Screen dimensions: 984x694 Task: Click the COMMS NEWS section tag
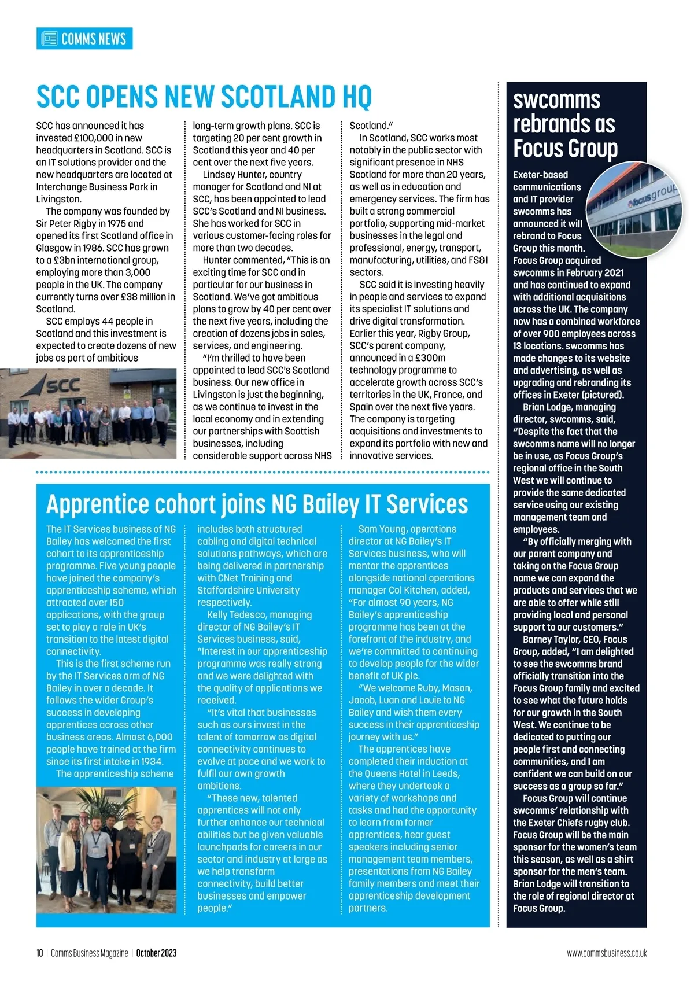click(93, 39)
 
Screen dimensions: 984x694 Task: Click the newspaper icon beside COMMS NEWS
click(50, 39)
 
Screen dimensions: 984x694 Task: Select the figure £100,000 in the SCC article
click(98, 138)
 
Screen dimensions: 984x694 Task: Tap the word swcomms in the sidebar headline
click(556, 100)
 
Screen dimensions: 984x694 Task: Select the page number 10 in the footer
click(39, 953)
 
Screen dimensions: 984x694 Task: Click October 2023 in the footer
click(156, 953)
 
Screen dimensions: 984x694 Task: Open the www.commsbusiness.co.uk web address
click(607, 953)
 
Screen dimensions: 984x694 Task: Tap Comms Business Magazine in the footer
click(90, 953)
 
